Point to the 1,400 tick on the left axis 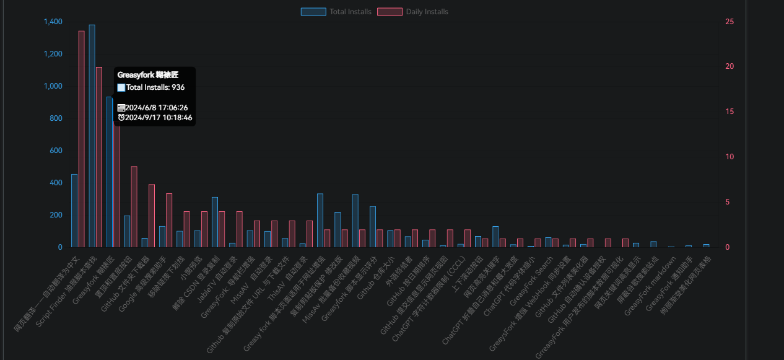[x=53, y=22]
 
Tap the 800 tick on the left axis [x=56, y=118]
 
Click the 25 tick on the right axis [x=730, y=22]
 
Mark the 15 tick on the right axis [x=730, y=112]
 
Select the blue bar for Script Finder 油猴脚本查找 [x=92, y=136]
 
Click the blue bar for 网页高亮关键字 [x=495, y=237]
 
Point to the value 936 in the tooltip [x=178, y=87]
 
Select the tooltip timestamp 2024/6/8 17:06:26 [x=157, y=108]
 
